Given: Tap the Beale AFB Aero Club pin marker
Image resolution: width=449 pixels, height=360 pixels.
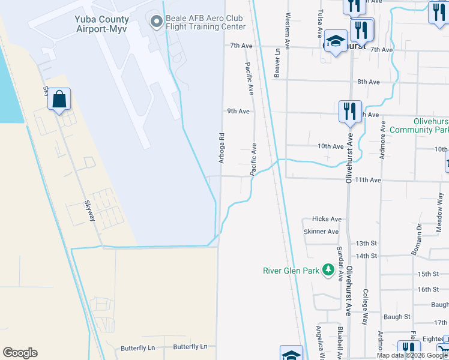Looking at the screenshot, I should [157, 22].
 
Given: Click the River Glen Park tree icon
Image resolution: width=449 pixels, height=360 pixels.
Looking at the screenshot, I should [328, 271].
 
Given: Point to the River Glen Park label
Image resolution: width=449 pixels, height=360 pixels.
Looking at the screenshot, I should [291, 271].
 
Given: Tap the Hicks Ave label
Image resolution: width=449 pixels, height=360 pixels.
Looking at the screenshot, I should [327, 219].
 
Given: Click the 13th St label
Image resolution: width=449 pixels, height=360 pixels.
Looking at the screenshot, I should [366, 244].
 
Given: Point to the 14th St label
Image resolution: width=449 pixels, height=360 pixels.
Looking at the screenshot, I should [366, 256].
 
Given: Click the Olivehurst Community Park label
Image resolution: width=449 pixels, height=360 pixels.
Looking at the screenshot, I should [418, 125].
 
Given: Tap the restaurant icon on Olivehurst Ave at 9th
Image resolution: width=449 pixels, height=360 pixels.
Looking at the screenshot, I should [349, 111].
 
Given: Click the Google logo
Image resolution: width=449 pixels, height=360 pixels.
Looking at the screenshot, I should [20, 353].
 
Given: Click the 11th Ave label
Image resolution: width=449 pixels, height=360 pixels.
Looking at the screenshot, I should [368, 179].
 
